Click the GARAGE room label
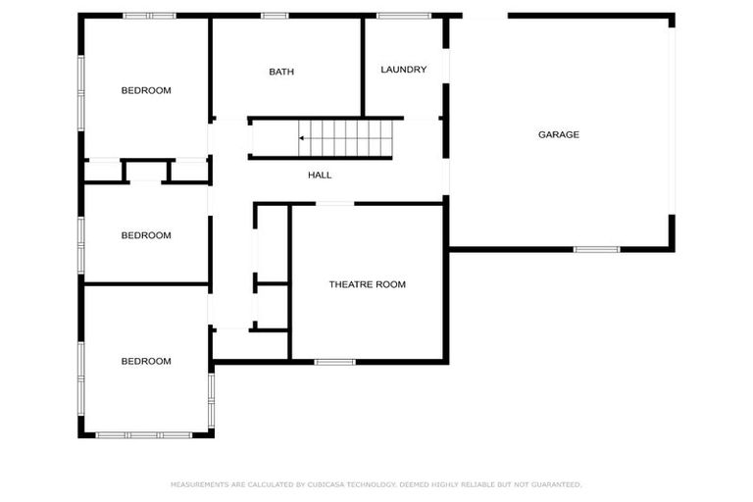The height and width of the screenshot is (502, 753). coord(558,134)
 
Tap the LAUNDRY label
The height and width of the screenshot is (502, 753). coord(403,70)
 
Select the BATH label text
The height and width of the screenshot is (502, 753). coord(281,72)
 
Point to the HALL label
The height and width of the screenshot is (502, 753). coord(320,176)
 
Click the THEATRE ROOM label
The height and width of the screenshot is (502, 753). coord(367,284)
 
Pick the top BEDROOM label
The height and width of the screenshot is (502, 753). coord(146,90)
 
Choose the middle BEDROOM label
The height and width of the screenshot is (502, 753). coord(146,235)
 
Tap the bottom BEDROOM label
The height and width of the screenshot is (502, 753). coord(146,362)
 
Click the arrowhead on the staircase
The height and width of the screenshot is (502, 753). coord(302,138)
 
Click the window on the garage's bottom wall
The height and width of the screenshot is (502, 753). coord(596,249)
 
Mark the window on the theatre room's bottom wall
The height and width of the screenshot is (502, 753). coord(334,362)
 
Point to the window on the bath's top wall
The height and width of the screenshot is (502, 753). coord(275,16)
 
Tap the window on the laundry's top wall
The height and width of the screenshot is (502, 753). coord(404,16)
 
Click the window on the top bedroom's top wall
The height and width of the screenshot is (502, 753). coord(149,16)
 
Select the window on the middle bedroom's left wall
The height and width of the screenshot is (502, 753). coord(80,235)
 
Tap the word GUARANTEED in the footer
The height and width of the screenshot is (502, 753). coord(557,484)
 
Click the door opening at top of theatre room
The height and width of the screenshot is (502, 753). coord(334,204)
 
